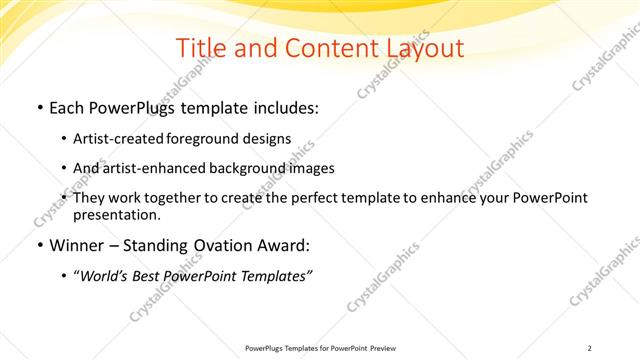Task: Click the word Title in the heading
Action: [x=199, y=48]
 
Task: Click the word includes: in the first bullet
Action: [x=283, y=105]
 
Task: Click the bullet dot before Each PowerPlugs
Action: [x=39, y=106]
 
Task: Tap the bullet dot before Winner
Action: [x=39, y=246]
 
